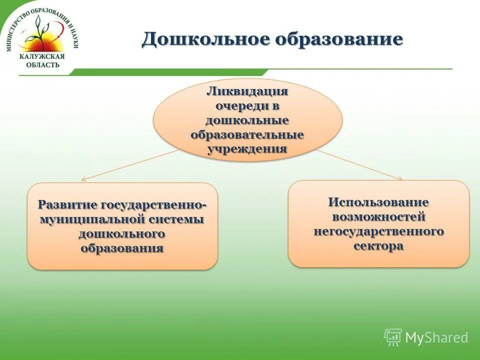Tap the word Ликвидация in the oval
click(x=247, y=92)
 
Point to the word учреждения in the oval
click(x=247, y=149)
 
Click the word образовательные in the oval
click(x=247, y=135)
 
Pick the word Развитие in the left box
click(x=68, y=205)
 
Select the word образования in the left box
click(x=122, y=248)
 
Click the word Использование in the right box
click(x=378, y=202)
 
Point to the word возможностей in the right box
click(x=378, y=217)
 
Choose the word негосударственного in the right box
click(x=378, y=231)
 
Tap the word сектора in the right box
click(x=378, y=246)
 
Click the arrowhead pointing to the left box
click(x=83, y=179)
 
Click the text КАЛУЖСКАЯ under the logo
click(x=42, y=57)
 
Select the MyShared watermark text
click(x=436, y=338)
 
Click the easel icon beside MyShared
click(x=393, y=337)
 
